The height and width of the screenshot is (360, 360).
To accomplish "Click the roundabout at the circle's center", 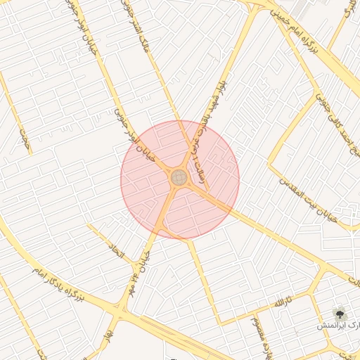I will tap(179, 178).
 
